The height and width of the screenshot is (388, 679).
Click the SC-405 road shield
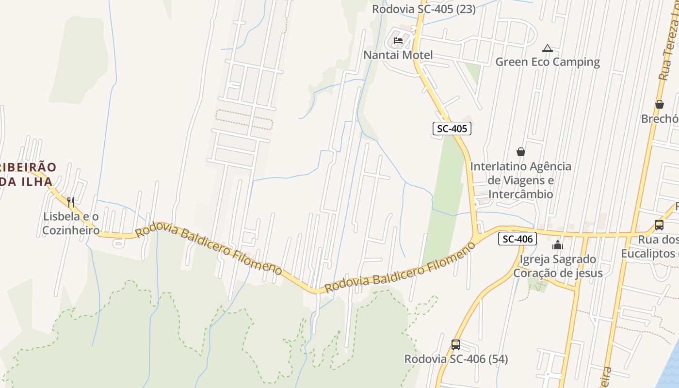452,129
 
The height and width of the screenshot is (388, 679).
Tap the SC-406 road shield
517,239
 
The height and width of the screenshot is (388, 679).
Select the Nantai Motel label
398,55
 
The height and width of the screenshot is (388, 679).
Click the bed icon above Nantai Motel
398,41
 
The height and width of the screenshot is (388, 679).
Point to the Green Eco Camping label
548,62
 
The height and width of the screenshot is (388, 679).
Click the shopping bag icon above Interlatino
521,152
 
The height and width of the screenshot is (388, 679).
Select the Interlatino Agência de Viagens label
521,180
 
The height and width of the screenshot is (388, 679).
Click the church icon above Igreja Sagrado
558,245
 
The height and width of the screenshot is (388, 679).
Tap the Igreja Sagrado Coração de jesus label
558,266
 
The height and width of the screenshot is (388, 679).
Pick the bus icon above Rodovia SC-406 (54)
456,345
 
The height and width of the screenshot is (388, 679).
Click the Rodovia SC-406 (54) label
456,359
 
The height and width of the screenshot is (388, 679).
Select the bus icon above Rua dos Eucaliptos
659,225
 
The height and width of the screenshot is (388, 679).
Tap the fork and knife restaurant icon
71,202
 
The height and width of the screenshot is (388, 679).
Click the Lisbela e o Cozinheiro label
71,223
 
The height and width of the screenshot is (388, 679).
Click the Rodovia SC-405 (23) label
423,9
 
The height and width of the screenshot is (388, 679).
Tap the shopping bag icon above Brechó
660,104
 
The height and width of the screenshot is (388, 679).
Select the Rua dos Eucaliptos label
650,246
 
